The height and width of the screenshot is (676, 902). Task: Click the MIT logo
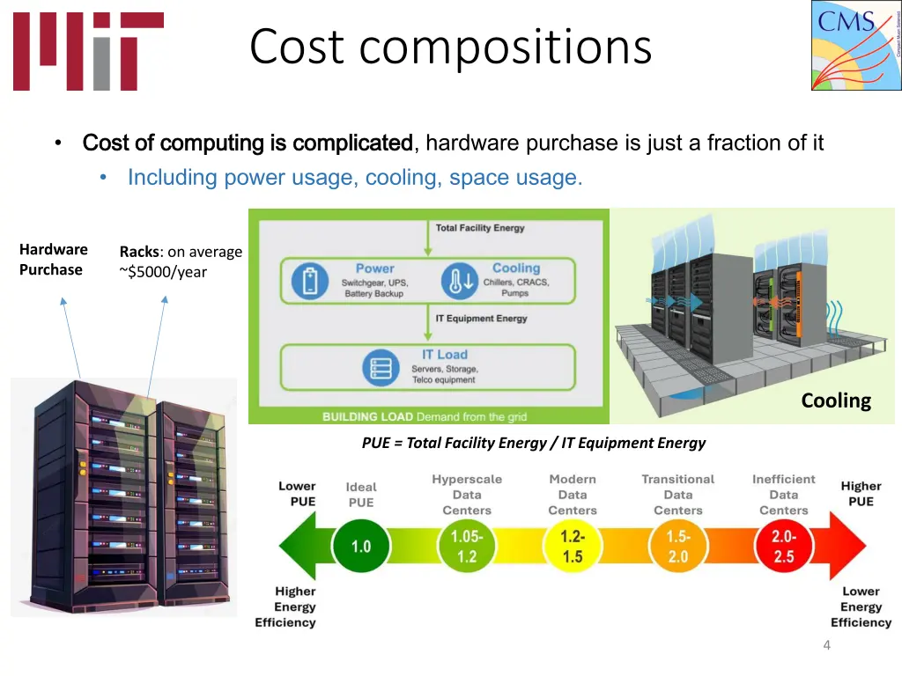pyautogui.click(x=87, y=51)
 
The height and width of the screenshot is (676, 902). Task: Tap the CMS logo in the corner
pyautogui.click(x=855, y=45)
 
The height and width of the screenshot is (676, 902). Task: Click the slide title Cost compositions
pyautogui.click(x=450, y=48)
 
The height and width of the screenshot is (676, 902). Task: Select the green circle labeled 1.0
pyautogui.click(x=361, y=547)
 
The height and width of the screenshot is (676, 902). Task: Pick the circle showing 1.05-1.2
pyautogui.click(x=467, y=547)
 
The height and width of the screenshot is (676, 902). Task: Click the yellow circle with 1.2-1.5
pyautogui.click(x=573, y=547)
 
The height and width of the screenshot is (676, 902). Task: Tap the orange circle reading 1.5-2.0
pyautogui.click(x=678, y=547)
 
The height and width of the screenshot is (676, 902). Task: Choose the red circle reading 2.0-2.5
pyautogui.click(x=783, y=547)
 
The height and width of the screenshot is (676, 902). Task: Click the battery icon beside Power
pyautogui.click(x=309, y=280)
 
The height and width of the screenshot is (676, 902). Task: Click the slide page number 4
pyautogui.click(x=826, y=646)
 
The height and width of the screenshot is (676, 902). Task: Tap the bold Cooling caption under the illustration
pyautogui.click(x=835, y=401)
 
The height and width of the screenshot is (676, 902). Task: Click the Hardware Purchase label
pyautogui.click(x=53, y=260)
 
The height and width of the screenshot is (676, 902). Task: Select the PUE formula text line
pyautogui.click(x=533, y=443)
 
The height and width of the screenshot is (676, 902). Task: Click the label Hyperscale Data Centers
pyautogui.click(x=467, y=495)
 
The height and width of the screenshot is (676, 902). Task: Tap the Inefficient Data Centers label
pyautogui.click(x=783, y=495)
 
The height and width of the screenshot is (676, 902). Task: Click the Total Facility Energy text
pyautogui.click(x=480, y=228)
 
